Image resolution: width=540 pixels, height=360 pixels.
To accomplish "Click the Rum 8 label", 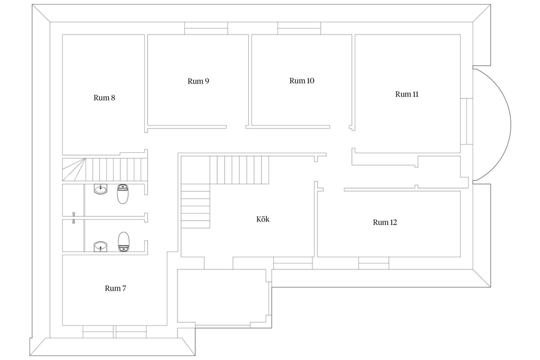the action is click(104, 98).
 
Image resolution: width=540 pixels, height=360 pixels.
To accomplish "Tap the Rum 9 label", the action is click(198, 81).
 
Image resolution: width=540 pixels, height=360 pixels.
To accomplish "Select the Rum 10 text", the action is click(302, 81).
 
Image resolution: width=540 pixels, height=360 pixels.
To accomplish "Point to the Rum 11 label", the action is click(407, 94).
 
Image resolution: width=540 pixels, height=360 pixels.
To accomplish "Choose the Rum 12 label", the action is click(385, 222).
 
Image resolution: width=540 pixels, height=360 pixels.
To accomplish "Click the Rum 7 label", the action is click(115, 288).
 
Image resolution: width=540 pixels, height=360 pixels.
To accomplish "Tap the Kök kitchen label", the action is click(263, 219).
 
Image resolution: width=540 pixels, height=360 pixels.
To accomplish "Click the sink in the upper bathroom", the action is click(100, 189).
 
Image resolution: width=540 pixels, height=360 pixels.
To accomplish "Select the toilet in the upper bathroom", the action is click(123, 194).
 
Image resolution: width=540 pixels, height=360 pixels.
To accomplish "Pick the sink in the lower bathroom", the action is click(100, 247).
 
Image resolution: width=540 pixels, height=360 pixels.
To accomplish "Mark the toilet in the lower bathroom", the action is click(123, 242).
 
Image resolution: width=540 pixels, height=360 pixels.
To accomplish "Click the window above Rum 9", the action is click(206, 28).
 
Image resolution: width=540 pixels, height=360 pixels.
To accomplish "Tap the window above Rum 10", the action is click(299, 28).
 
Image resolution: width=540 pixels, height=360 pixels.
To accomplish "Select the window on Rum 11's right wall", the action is click(466, 121).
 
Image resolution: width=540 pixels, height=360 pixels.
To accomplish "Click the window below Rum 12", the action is click(374, 263).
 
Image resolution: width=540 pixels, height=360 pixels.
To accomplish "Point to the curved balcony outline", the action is click(511, 125).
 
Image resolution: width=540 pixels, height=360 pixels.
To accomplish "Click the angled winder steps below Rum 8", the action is click(74, 170).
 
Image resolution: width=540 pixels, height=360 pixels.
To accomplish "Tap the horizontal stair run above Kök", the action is click(239, 170).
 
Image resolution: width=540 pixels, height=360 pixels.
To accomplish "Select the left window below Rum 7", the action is click(98, 332).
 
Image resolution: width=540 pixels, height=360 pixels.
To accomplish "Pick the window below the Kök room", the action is click(293, 263).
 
